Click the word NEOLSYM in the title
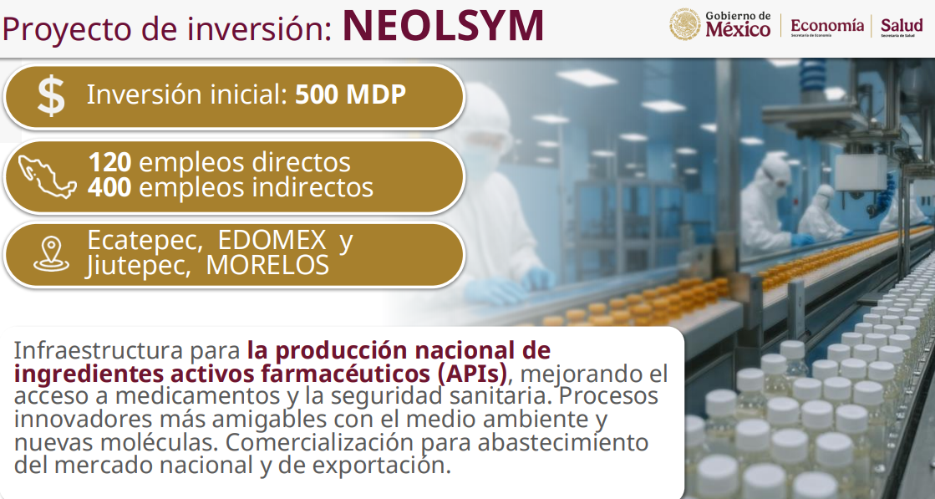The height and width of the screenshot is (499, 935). [x=443, y=26]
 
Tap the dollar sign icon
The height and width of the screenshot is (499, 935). [x=51, y=96]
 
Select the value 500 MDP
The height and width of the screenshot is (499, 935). [x=351, y=94]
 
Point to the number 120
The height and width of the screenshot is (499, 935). [x=109, y=162]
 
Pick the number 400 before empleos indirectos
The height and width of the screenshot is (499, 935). [x=109, y=187]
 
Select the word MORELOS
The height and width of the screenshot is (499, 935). [x=267, y=265]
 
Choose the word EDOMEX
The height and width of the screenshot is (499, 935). [x=272, y=240]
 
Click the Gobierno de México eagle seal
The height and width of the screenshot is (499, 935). [x=684, y=24]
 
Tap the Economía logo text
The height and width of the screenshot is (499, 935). [x=827, y=26]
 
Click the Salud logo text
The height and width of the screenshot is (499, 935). [x=902, y=27]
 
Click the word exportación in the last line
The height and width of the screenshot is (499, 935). [x=380, y=465]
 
